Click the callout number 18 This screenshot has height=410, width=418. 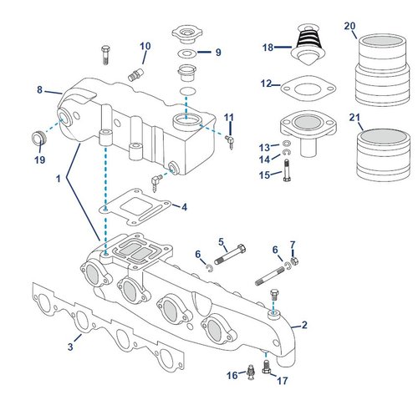268,48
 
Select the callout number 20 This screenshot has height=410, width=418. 349,26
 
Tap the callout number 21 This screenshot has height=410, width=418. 354,118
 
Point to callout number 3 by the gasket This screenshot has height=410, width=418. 70,347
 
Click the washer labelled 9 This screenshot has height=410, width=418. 187,53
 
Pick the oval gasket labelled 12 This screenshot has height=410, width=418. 308,89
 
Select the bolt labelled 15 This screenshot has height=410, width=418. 287,170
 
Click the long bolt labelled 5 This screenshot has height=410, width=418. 230,255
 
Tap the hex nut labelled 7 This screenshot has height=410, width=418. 294,261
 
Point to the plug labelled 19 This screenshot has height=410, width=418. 38,137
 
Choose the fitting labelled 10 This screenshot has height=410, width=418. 135,74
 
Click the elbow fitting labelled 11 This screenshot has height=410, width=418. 231,140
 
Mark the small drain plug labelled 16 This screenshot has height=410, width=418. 251,372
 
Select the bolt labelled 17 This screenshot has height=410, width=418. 266,367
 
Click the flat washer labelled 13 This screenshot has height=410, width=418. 287,144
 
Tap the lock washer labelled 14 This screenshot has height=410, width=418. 287,152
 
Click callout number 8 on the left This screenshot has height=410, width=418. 39,90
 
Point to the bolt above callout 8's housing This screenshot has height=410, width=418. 105,55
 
